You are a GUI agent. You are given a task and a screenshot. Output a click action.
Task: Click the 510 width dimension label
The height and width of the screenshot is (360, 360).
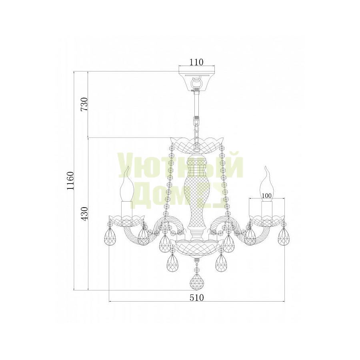tap(197, 298)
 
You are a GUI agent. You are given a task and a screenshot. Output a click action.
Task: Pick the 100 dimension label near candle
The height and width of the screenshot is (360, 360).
tap(266, 195)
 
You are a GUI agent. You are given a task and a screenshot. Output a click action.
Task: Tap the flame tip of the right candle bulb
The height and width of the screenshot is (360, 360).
tap(266, 166)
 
